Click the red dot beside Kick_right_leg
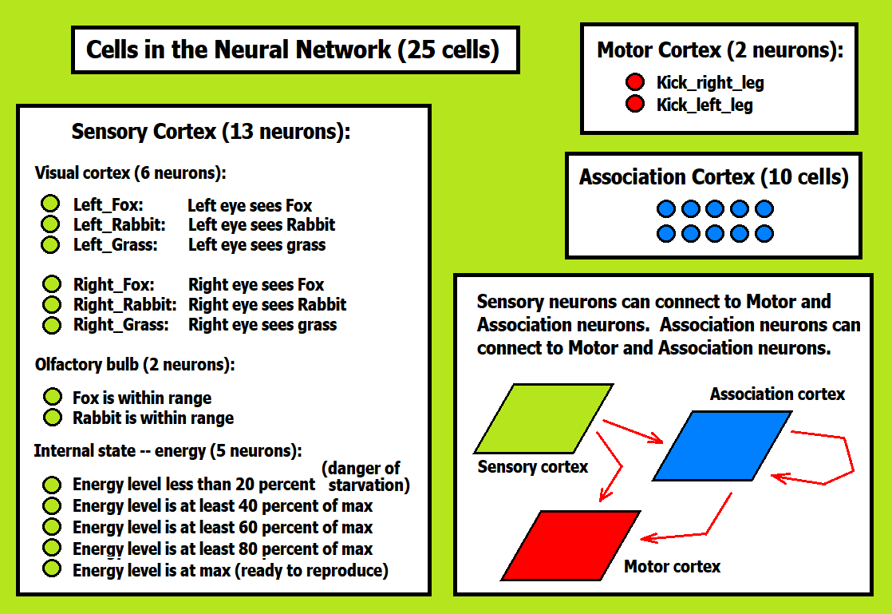click(635, 82)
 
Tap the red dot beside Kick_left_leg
click(635, 105)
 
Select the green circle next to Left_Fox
click(51, 204)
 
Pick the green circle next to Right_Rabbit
click(51, 304)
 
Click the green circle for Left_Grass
click(51, 245)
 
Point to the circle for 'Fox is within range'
click(53, 397)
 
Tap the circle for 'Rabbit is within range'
click(53, 418)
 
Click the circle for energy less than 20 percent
click(52, 485)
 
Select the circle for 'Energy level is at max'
click(52, 569)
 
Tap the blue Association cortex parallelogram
click(722, 446)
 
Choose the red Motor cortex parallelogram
click(571, 545)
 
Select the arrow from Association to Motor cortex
click(702, 527)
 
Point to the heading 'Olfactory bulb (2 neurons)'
click(134, 365)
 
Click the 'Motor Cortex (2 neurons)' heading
click(720, 50)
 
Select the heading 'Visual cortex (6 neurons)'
click(130, 172)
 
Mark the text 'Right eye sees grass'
click(262, 325)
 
